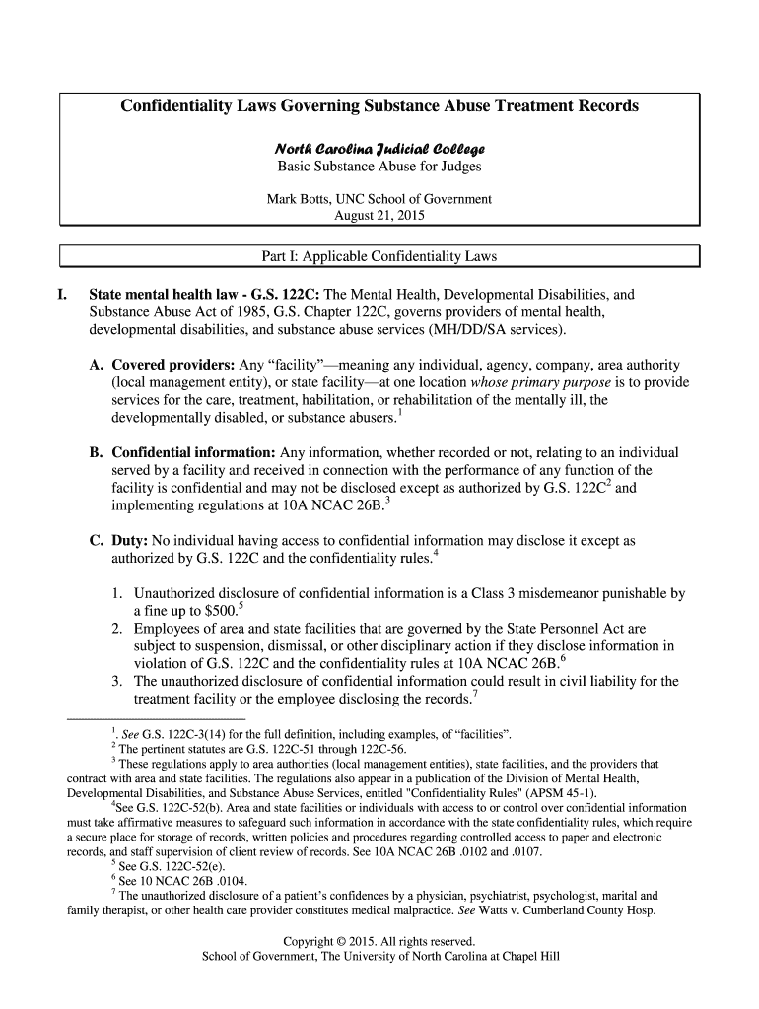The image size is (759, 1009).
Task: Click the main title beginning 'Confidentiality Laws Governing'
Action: (x=379, y=105)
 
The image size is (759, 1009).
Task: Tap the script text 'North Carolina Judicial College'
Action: (x=379, y=149)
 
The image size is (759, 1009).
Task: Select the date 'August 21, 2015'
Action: (x=379, y=215)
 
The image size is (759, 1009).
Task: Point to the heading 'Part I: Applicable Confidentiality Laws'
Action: (x=379, y=257)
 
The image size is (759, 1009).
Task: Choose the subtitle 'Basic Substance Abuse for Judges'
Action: (x=379, y=167)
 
